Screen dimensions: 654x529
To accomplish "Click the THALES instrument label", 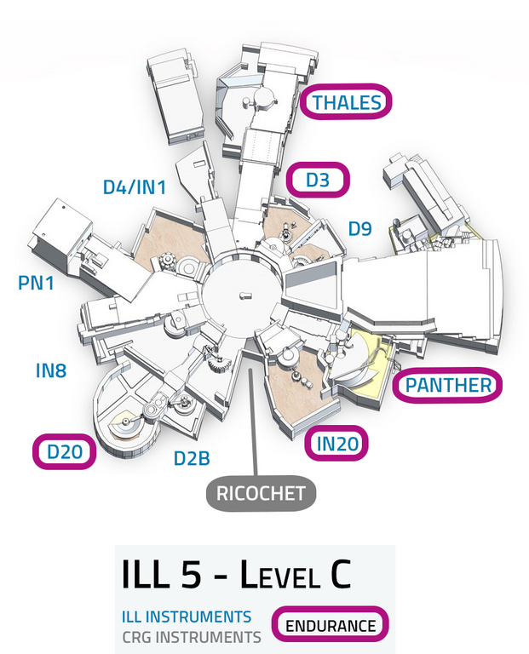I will pyautogui.click(x=346, y=103).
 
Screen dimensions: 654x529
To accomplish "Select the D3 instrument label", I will pyautogui.click(x=317, y=181).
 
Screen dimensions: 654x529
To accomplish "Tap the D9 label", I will pyautogui.click(x=359, y=228).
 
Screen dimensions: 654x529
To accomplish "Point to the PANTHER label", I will pyautogui.click(x=448, y=385).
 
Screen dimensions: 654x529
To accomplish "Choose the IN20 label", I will pyautogui.click(x=337, y=443).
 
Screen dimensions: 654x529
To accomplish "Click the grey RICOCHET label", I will pyautogui.click(x=260, y=493).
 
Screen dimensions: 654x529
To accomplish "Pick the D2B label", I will pyautogui.click(x=192, y=459).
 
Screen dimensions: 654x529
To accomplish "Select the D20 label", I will pyautogui.click(x=64, y=451).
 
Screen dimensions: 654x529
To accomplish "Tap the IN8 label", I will pyautogui.click(x=51, y=370).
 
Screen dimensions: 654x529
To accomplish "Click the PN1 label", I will pyautogui.click(x=36, y=282).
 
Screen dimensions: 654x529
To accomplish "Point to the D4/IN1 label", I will pyautogui.click(x=134, y=186).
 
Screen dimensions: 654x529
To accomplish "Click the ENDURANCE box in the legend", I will pyautogui.click(x=330, y=626).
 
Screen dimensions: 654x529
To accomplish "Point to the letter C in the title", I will pyautogui.click(x=337, y=577).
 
